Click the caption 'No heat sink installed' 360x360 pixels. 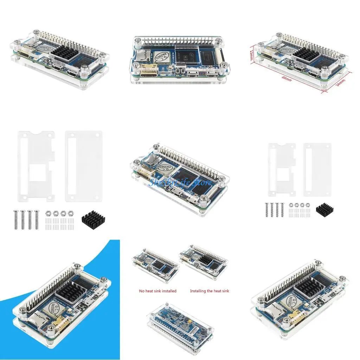click(x=158, y=291)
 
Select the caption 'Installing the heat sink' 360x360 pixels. click(x=210, y=291)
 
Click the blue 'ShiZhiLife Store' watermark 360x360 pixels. click(x=180, y=182)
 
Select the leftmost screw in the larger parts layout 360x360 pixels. click(x=15, y=219)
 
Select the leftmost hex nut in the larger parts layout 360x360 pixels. click(x=47, y=213)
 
